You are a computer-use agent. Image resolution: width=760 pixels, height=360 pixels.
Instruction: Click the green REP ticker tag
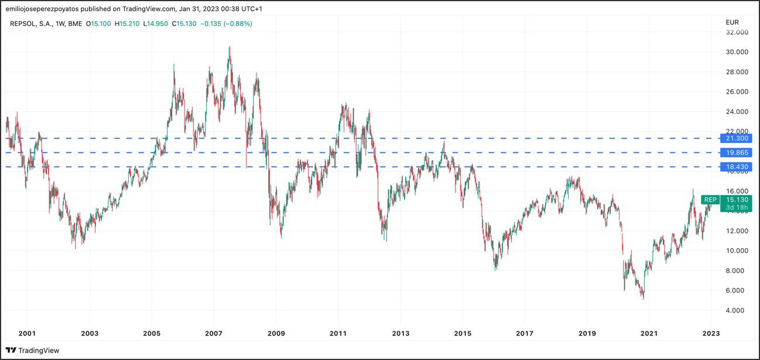[x=710, y=200]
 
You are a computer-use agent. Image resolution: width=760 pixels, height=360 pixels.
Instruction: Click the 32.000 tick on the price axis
[x=737, y=32]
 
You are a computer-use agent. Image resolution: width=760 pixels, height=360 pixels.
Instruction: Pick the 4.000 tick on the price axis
[x=737, y=310]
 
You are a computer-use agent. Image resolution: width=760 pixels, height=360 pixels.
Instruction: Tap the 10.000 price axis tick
[x=737, y=251]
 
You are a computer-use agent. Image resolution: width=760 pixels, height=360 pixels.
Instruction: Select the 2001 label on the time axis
[x=27, y=333]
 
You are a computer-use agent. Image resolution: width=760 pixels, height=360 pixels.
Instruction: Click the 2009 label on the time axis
[x=276, y=333]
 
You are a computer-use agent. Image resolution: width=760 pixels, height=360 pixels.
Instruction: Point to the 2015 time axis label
[x=463, y=333]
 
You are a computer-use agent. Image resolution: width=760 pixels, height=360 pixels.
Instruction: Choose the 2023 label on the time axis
[x=711, y=333]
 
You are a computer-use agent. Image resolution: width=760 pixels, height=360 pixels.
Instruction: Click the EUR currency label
[x=732, y=22]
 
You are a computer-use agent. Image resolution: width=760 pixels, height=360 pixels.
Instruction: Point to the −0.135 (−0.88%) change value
[x=226, y=23]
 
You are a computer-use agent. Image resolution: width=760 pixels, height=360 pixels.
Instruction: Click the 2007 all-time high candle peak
[x=230, y=47]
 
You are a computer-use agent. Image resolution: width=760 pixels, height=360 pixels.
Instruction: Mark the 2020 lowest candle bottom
[x=643, y=299]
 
